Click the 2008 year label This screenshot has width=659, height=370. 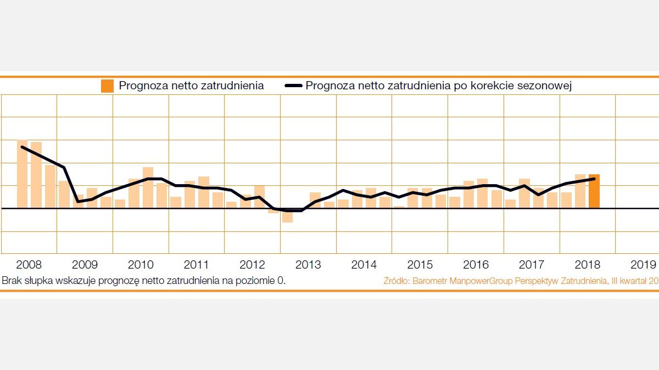[x=29, y=265]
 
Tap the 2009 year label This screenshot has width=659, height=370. [x=85, y=265]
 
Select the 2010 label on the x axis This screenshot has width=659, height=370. [x=141, y=265]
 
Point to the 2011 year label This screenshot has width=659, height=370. [x=197, y=265]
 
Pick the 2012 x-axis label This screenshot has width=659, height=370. [x=253, y=265]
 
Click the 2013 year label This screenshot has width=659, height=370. [x=308, y=265]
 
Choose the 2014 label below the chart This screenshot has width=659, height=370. [x=364, y=265]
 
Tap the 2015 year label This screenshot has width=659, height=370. [x=420, y=265]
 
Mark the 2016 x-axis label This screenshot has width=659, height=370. [x=476, y=265]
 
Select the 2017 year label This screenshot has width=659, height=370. [x=532, y=265]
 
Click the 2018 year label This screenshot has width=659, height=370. [x=587, y=265]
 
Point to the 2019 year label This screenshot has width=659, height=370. [x=643, y=265]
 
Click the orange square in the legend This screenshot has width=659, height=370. [x=108, y=86]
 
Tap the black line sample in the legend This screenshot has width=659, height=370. [x=294, y=86]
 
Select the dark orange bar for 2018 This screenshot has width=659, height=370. [x=594, y=191]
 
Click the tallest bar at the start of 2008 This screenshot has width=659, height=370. [x=23, y=174]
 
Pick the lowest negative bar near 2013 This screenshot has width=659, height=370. [x=287, y=215]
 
